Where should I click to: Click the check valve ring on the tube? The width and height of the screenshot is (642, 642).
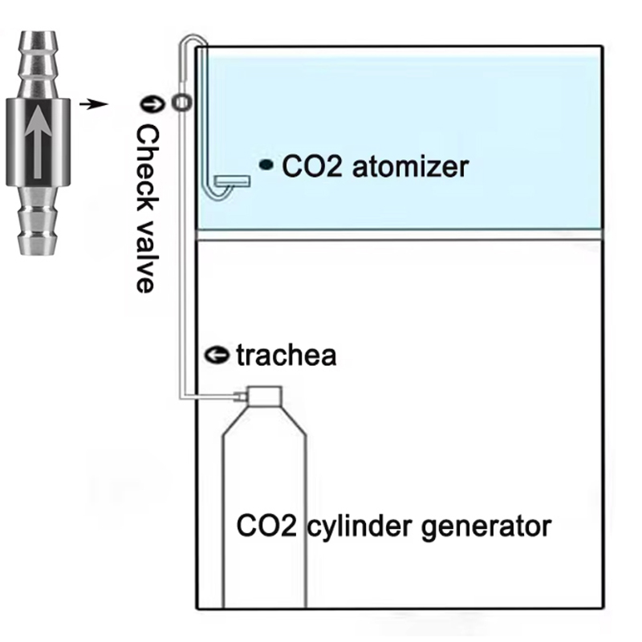point(182,101)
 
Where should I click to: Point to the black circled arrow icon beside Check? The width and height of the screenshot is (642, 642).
point(148,102)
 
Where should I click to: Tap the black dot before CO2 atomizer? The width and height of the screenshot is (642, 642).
point(266,165)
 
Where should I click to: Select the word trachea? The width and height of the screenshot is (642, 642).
point(286,355)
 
